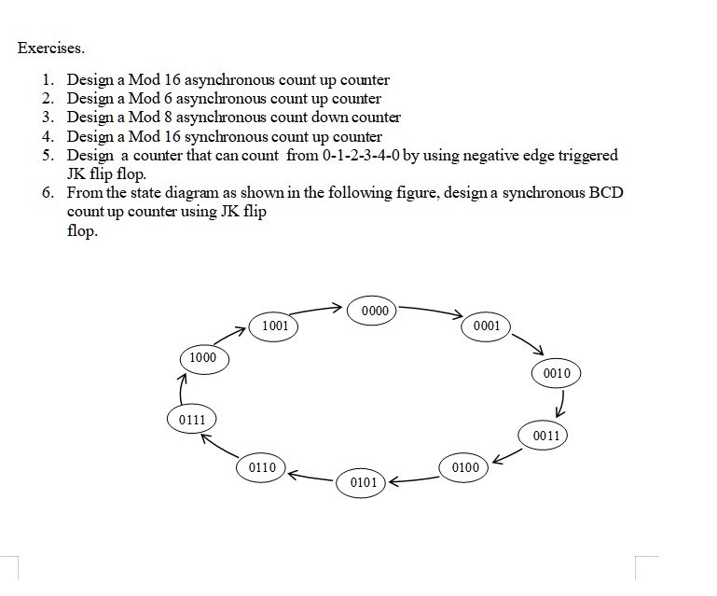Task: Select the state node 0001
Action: pos(486,326)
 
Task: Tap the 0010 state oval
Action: pos(556,373)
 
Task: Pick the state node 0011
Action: pos(546,436)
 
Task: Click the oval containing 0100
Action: pos(465,466)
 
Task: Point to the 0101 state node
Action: pos(364,482)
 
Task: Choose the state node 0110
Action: pos(262,466)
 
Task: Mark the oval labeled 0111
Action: pos(191,420)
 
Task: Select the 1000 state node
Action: pos(202,357)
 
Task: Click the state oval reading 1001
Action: pos(275,326)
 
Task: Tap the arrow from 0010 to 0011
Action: pos(561,404)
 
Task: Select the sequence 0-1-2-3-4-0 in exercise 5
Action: pos(360,155)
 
